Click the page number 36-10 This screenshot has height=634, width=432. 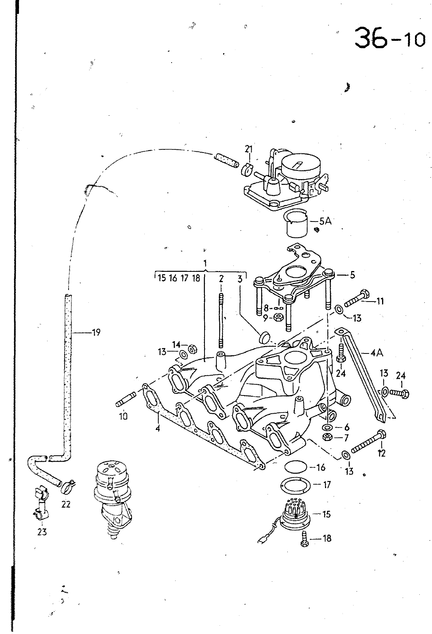[390, 38]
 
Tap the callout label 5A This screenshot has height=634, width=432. [325, 221]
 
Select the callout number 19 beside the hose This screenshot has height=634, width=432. [96, 332]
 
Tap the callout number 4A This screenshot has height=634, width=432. [376, 353]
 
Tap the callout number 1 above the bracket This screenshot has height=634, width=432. [205, 263]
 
